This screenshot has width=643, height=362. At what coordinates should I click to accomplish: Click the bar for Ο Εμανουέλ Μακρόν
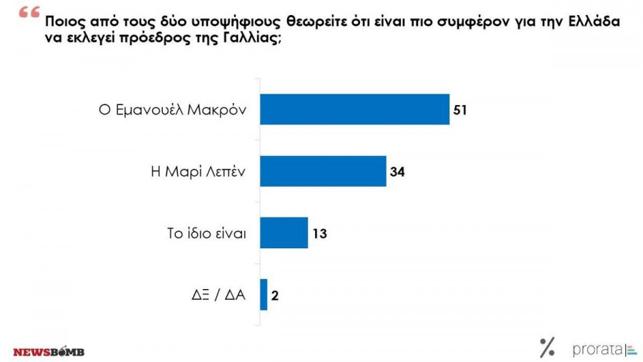coord(354,109)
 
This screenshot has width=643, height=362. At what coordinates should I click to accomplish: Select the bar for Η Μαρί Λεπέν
coord(323,171)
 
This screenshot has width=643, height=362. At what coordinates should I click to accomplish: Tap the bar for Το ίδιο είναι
coord(284,233)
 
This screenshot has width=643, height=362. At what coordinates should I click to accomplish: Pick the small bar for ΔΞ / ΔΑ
coord(264,294)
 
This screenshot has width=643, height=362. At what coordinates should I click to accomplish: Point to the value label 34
coord(399,172)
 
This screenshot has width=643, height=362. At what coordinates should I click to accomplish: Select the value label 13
coord(321,233)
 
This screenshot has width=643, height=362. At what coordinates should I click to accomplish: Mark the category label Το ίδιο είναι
coord(206,233)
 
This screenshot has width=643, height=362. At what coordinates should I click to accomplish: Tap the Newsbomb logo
coord(49,352)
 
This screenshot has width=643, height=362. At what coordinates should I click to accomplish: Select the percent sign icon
coord(547,348)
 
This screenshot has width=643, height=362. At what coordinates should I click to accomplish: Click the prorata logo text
coord(597,350)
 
